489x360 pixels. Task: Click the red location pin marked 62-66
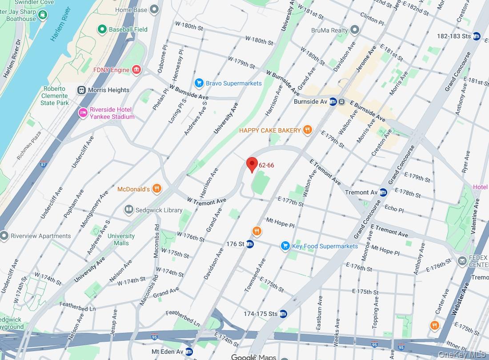tap(252, 164)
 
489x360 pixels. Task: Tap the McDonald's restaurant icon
tap(156, 189)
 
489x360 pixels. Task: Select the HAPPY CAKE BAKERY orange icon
tap(307, 130)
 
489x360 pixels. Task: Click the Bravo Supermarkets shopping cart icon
tap(199, 83)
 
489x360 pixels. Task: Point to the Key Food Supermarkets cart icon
tap(285, 246)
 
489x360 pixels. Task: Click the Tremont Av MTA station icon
tap(383, 192)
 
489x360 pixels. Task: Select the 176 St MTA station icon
tap(250, 244)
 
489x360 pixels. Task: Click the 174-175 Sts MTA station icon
tap(283, 314)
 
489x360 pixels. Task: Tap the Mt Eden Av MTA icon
tap(189, 352)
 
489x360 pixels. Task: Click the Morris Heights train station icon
tap(81, 90)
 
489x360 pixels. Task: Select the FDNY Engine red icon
tap(136, 70)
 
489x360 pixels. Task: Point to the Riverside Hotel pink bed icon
tap(83, 113)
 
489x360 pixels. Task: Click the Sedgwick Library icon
tap(129, 210)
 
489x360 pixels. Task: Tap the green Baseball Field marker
tap(102, 29)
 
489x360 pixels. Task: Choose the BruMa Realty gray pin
tap(354, 30)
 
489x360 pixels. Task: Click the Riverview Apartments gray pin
tap(4, 236)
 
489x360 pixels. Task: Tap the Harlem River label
tap(60, 30)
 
